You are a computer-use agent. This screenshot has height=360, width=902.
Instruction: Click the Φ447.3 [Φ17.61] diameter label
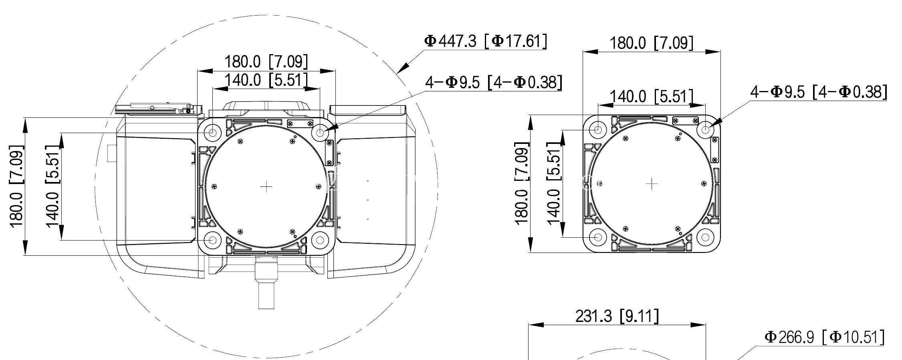(485, 41)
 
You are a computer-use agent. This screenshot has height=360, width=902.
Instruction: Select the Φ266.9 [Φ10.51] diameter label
(824, 337)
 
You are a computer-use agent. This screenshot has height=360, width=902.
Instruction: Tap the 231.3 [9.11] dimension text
(617, 316)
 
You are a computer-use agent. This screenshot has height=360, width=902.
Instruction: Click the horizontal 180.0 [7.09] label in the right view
(651, 43)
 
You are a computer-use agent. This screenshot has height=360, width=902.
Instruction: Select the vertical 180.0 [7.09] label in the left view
(16, 186)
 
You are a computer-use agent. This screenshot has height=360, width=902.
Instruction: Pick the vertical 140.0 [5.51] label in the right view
(553, 184)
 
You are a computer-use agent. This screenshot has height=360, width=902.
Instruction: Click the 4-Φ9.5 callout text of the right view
(819, 92)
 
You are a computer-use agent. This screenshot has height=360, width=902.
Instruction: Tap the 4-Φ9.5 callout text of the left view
(494, 82)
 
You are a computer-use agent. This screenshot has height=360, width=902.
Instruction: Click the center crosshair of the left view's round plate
(266, 186)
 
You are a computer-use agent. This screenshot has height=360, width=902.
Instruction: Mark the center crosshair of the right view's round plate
(652, 184)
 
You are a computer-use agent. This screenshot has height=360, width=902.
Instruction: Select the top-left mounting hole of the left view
(212, 132)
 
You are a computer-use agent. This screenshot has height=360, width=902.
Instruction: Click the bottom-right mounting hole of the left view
(320, 240)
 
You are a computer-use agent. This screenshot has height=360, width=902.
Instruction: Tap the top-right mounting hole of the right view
(705, 129)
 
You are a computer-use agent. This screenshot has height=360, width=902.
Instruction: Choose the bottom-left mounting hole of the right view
(598, 237)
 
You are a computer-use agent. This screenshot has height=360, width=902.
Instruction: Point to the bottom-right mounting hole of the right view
(705, 237)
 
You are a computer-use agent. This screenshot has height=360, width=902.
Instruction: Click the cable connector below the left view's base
(266, 283)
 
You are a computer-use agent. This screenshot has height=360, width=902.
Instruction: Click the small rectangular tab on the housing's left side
(111, 153)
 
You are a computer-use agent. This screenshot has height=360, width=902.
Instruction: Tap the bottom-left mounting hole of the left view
(212, 240)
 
